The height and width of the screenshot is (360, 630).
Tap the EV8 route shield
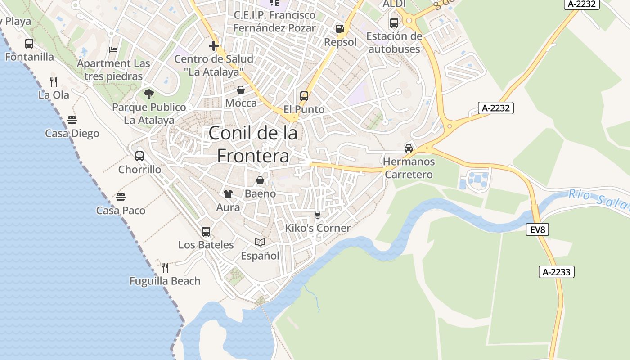click(537, 230)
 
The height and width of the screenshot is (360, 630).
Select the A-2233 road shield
click(557, 272)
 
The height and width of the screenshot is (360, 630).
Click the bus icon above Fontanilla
click(29, 44)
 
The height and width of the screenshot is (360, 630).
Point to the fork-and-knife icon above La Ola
click(54, 82)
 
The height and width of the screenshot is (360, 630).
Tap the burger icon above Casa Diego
click(72, 120)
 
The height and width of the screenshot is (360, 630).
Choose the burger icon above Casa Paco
click(120, 197)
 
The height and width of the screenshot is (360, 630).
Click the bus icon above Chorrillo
click(139, 156)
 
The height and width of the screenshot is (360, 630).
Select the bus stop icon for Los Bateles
click(206, 232)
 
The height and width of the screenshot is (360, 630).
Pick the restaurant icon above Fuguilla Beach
click(165, 268)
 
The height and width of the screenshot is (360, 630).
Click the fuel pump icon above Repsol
click(340, 29)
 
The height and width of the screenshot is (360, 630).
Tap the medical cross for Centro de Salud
click(214, 45)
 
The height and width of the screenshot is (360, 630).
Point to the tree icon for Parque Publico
click(149, 94)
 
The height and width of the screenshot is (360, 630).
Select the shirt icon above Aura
click(228, 194)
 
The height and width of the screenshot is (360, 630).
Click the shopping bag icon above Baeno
click(260, 180)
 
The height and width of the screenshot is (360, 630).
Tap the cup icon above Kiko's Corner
click(318, 215)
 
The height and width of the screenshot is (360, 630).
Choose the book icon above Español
click(260, 243)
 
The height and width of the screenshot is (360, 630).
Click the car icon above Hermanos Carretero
click(409, 148)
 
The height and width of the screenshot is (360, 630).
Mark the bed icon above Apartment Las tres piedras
click(113, 50)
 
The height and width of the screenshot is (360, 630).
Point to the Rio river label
click(578, 195)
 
